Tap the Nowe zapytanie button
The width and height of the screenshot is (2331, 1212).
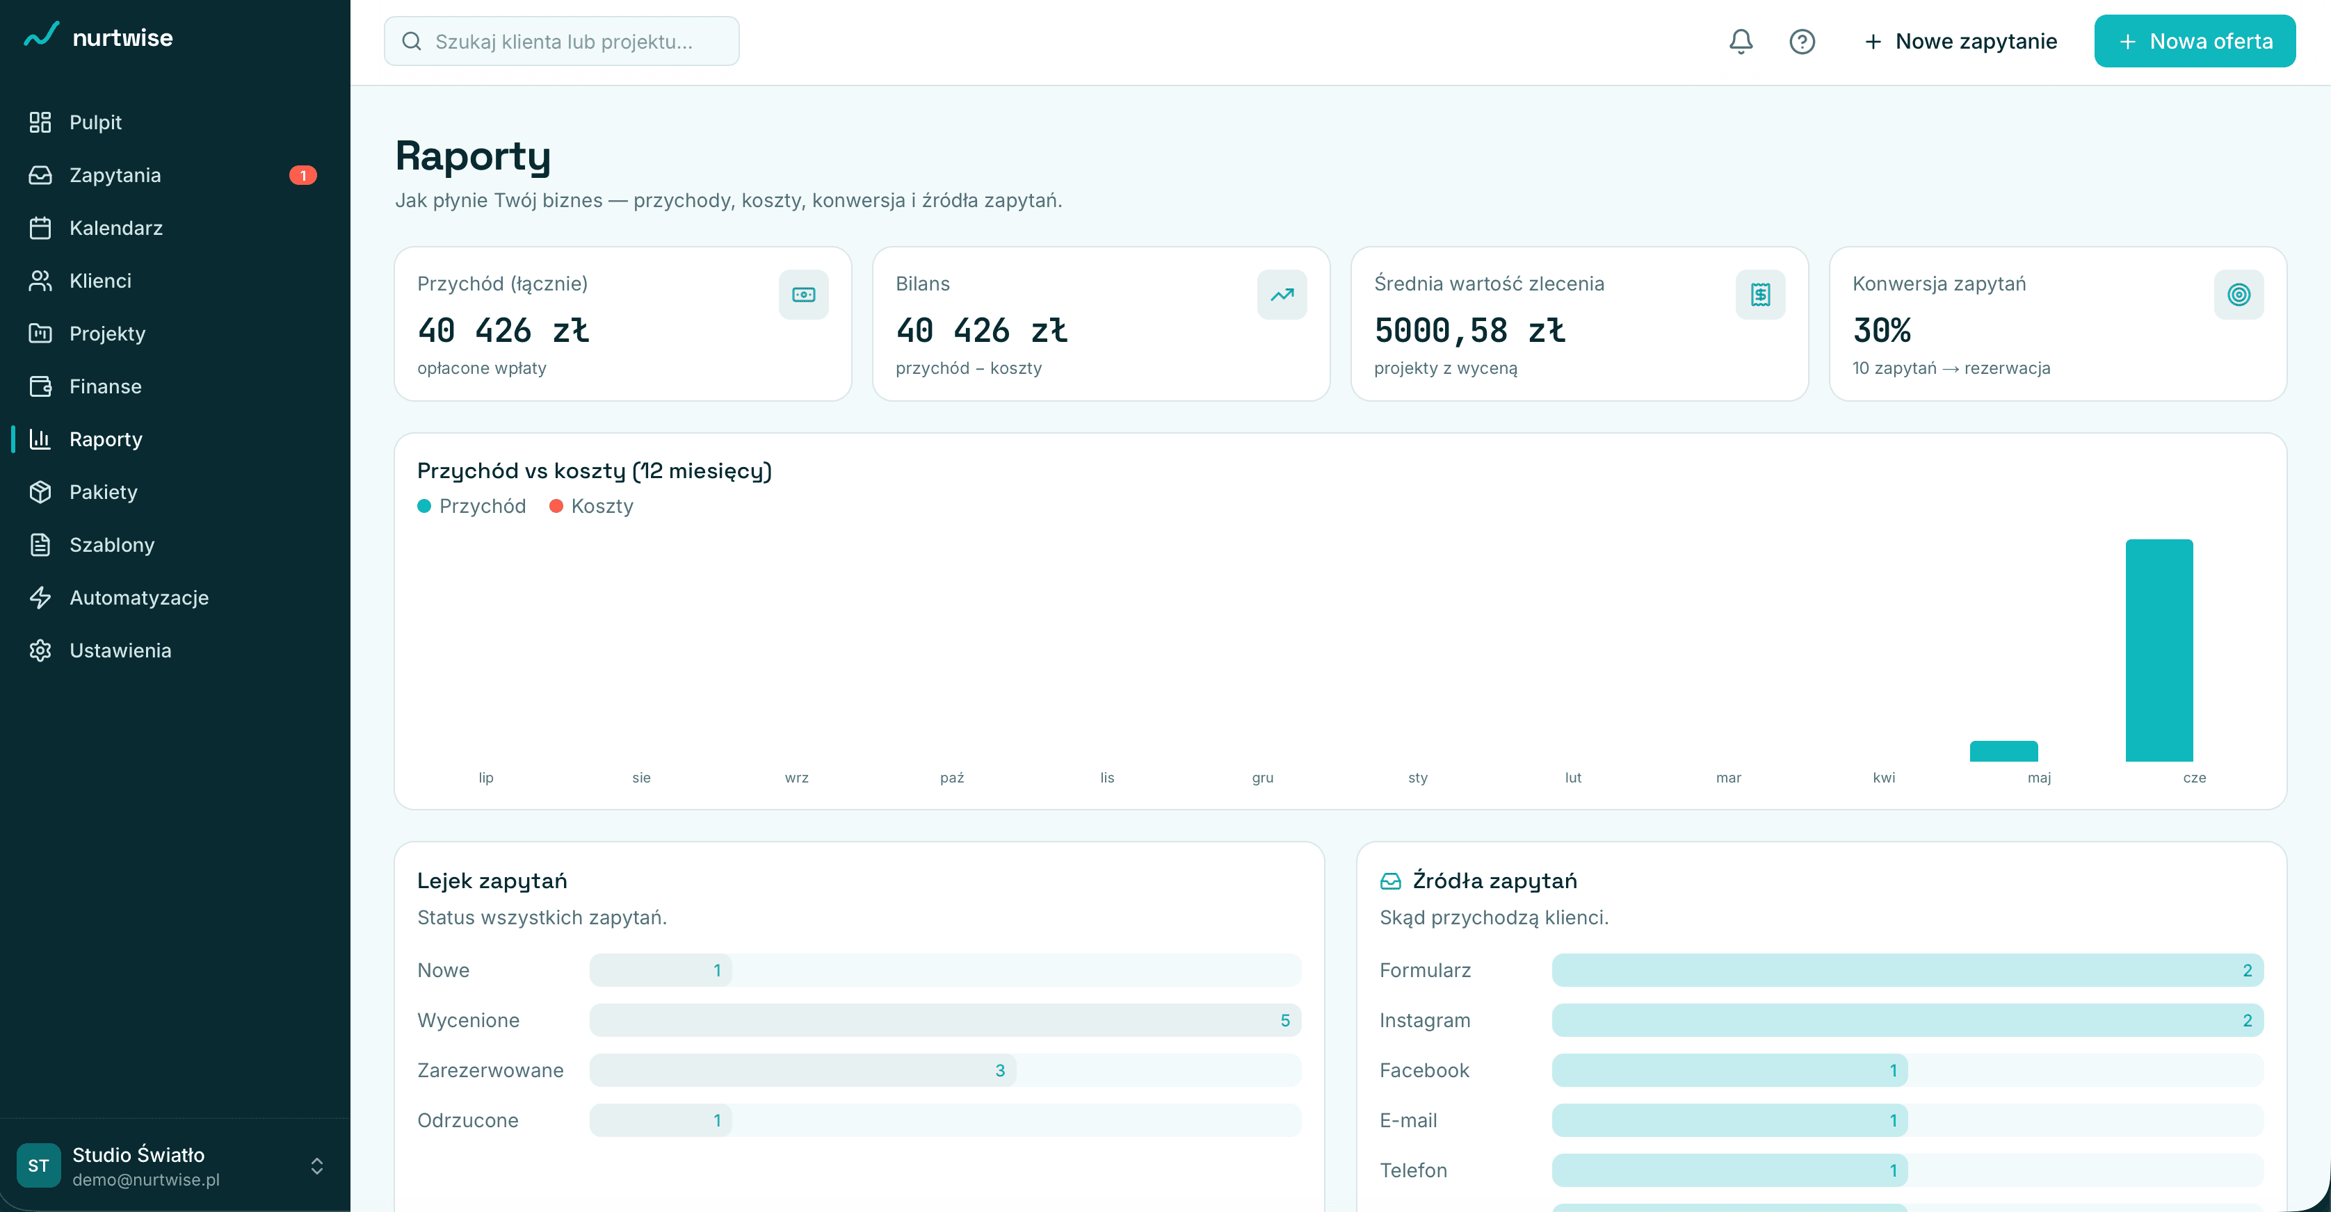click(1960, 42)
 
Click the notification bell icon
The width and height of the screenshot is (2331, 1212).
click(1740, 42)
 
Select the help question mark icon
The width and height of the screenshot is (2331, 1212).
click(1802, 42)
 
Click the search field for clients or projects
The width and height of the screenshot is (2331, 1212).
click(561, 42)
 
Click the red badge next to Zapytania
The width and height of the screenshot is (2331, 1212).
click(303, 175)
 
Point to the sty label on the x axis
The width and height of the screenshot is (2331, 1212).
click(1417, 778)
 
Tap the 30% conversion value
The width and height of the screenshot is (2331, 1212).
click(1881, 330)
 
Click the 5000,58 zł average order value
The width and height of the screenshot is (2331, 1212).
click(1469, 330)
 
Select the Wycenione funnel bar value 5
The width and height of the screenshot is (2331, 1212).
click(1284, 1020)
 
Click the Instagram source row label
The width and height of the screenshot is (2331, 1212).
click(1424, 1020)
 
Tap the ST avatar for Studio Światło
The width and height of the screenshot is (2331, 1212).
click(38, 1166)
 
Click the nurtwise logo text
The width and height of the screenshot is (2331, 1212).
click(122, 38)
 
